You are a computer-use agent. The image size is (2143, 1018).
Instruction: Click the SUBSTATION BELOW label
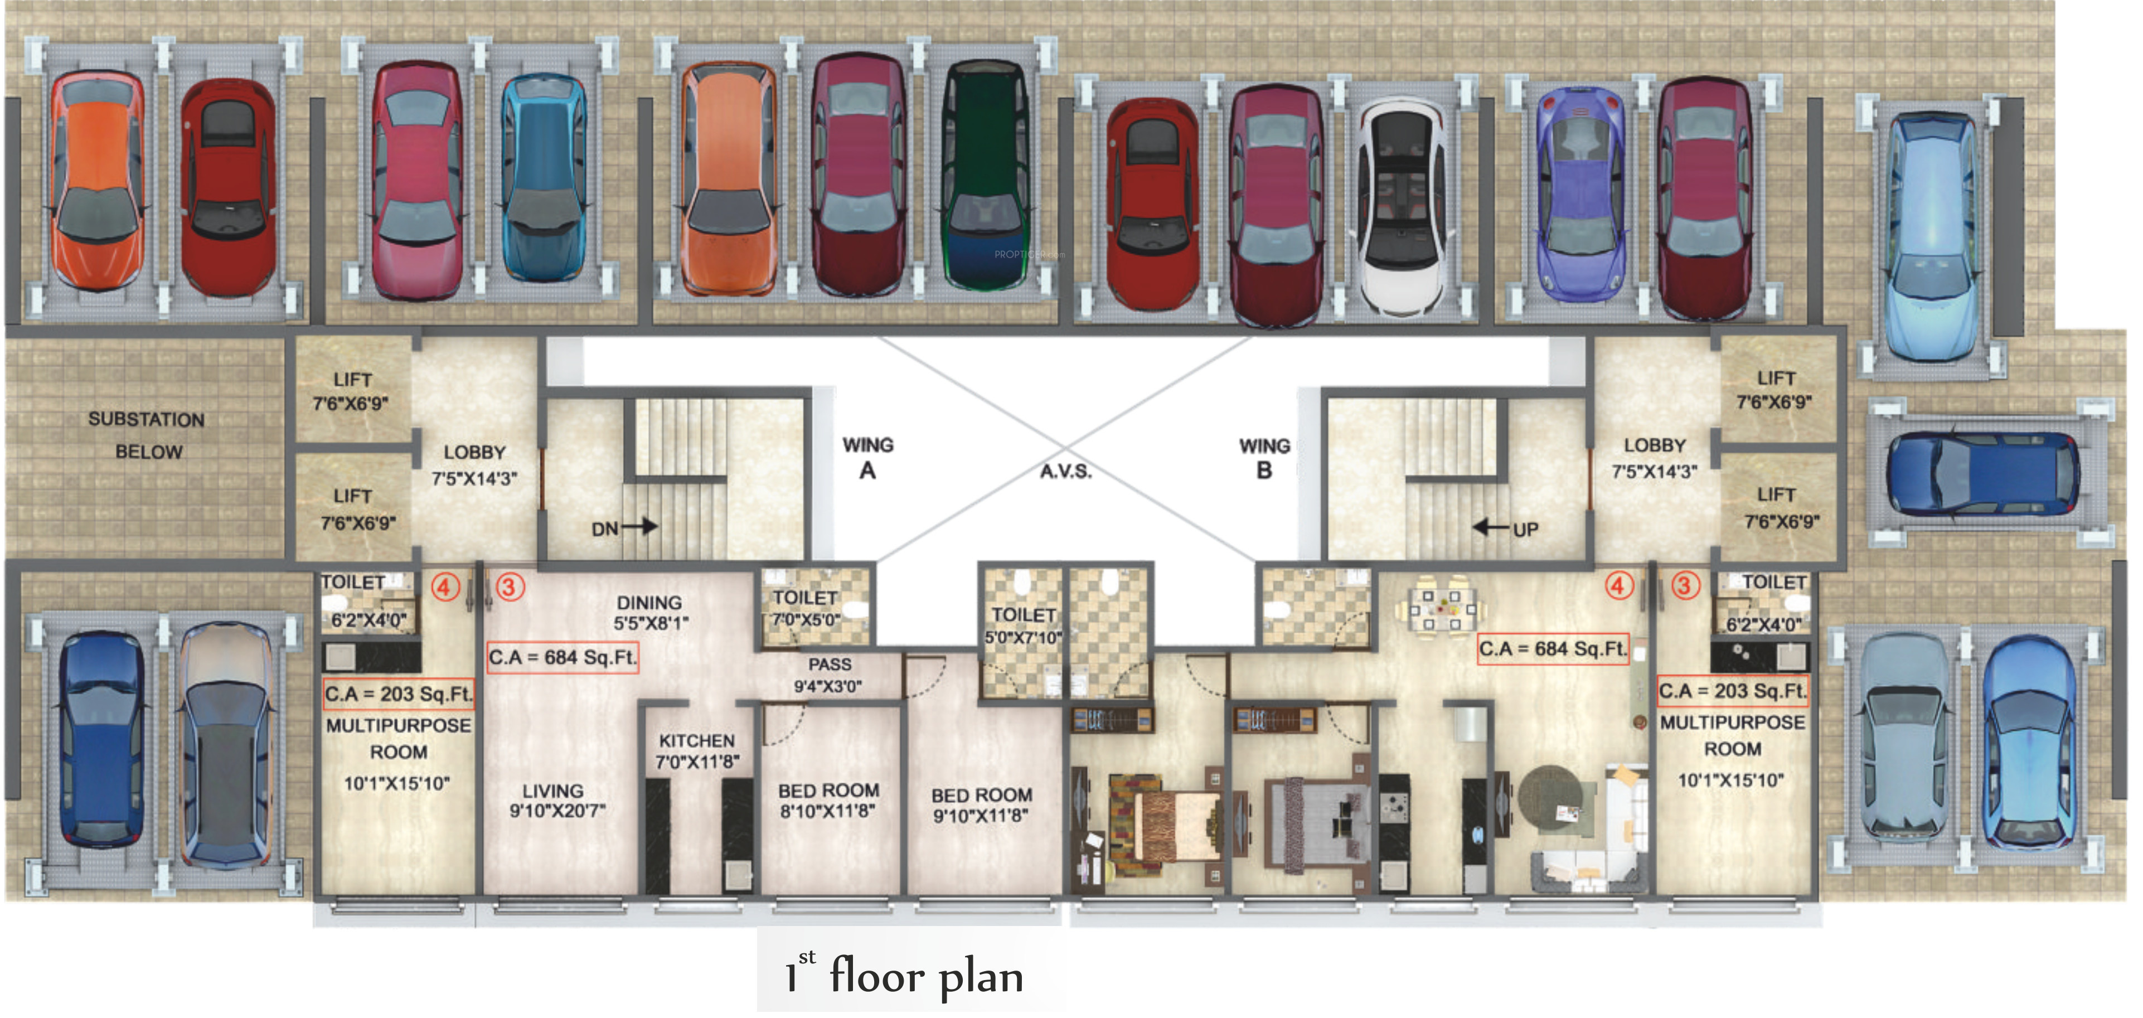pyautogui.click(x=147, y=435)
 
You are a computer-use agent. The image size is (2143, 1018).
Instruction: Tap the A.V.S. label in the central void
pyautogui.click(x=1066, y=472)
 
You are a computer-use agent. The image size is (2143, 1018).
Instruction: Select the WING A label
pyautogui.click(x=867, y=458)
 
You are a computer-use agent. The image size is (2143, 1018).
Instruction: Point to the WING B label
pyautogui.click(x=1264, y=458)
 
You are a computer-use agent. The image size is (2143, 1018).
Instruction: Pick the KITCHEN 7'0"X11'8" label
pyautogui.click(x=697, y=751)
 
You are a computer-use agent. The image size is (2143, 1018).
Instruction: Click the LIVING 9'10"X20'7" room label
pyautogui.click(x=556, y=800)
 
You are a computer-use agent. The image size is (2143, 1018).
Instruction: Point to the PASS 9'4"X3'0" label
pyautogui.click(x=828, y=675)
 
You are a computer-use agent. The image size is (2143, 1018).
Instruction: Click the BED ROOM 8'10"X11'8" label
pyautogui.click(x=828, y=800)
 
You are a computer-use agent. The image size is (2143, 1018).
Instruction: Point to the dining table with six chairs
pyautogui.click(x=1441, y=607)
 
